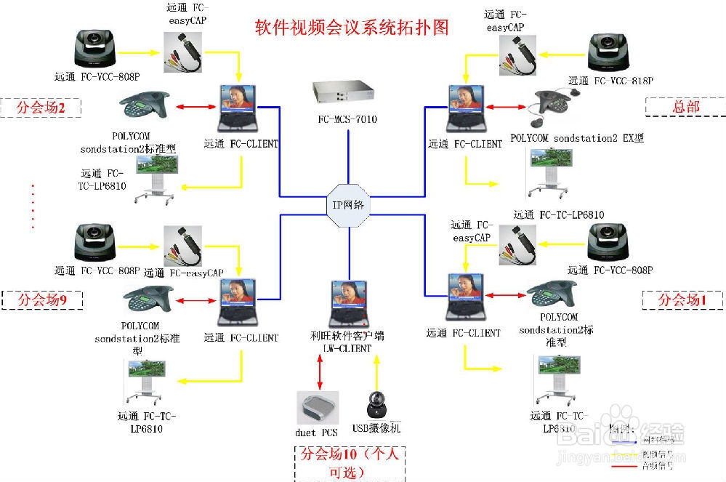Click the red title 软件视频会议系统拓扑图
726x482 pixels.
click(x=352, y=28)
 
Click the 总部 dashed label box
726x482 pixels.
click(x=685, y=106)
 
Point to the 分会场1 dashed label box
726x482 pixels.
click(x=682, y=299)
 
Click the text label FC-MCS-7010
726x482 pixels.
click(x=347, y=119)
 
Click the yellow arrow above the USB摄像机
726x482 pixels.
click(x=376, y=371)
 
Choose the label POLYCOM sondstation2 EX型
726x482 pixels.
click(x=577, y=137)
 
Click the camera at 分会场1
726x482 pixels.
click(x=610, y=241)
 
